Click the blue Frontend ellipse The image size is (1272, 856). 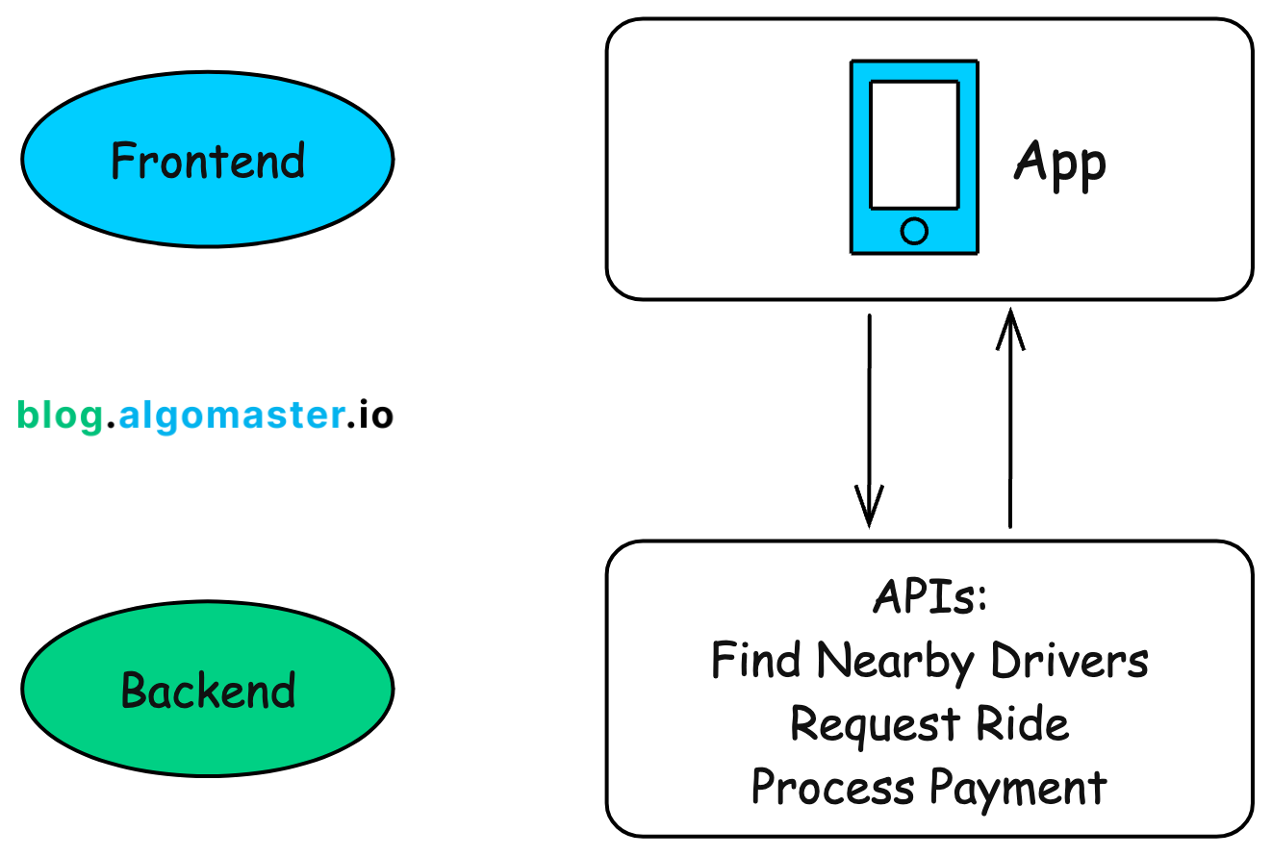tap(207, 160)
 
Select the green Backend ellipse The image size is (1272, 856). tap(207, 689)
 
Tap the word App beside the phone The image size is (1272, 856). tap(1060, 164)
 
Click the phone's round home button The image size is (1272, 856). tap(914, 231)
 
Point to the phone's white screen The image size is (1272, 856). tap(914, 144)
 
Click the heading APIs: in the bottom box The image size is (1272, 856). tap(929, 597)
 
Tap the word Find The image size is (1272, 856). tap(757, 661)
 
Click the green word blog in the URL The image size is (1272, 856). tap(60, 415)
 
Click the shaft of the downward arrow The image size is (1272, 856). tap(869, 404)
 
